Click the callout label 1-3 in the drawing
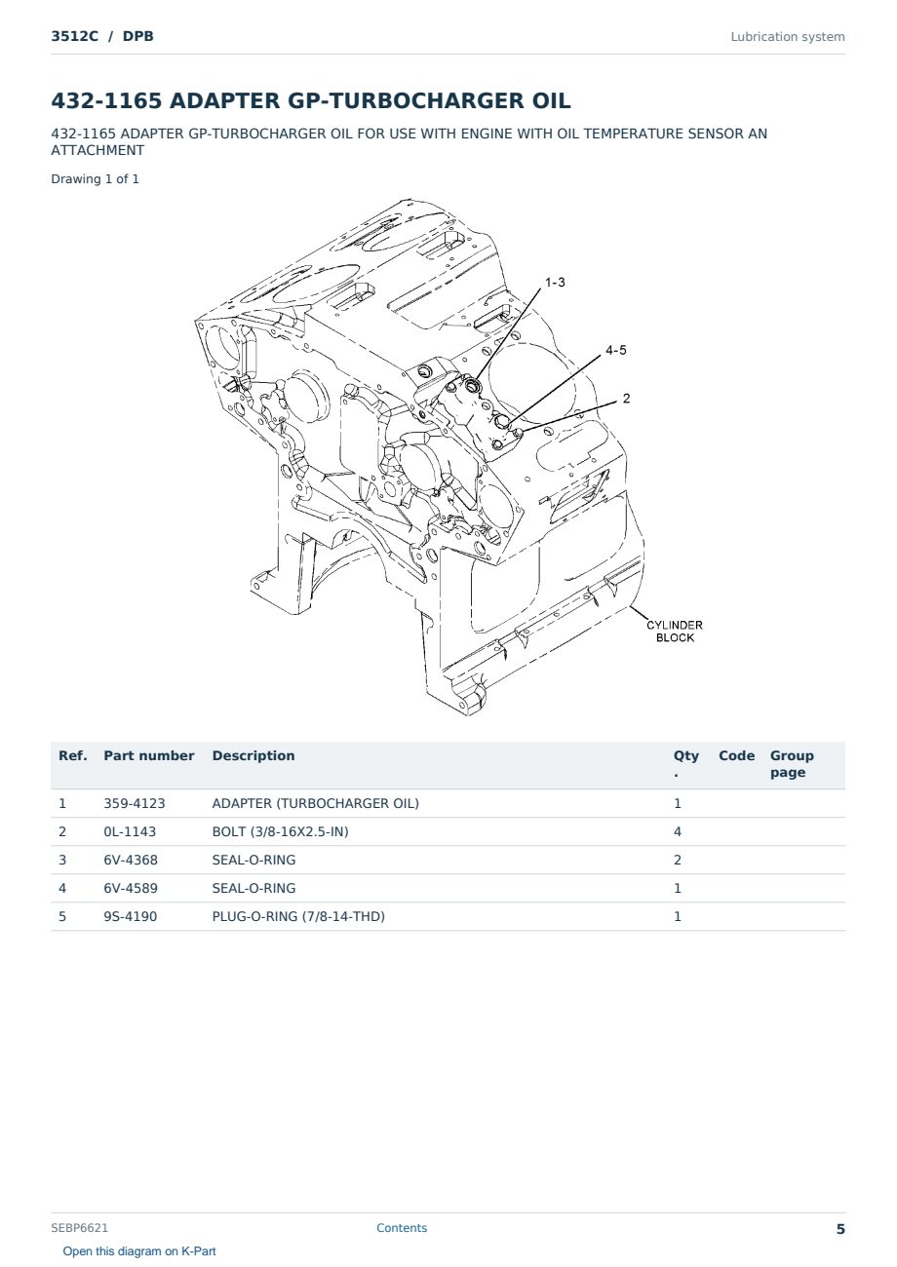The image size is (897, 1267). tap(555, 282)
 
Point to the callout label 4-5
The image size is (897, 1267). tap(616, 350)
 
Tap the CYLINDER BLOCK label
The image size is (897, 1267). tap(675, 632)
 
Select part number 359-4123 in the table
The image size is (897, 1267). tap(135, 803)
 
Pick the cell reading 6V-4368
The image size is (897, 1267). tap(131, 860)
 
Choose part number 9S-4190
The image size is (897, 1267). tap(131, 916)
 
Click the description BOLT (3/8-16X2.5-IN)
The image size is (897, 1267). tap(280, 831)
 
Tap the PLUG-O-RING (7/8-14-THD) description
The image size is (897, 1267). tap(298, 916)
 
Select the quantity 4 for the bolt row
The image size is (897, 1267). tap(678, 831)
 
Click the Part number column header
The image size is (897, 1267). tap(149, 755)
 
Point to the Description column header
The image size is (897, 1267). tap(253, 755)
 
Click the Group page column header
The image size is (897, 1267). tap(792, 764)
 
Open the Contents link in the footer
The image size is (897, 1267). tap(402, 1227)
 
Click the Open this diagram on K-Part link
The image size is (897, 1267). tap(139, 1251)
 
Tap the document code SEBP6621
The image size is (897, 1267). tap(79, 1227)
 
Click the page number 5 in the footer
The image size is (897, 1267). tap(840, 1229)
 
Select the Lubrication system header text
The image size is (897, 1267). tap(788, 37)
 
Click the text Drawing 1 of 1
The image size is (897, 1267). tap(96, 179)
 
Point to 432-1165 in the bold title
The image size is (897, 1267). tap(106, 100)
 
